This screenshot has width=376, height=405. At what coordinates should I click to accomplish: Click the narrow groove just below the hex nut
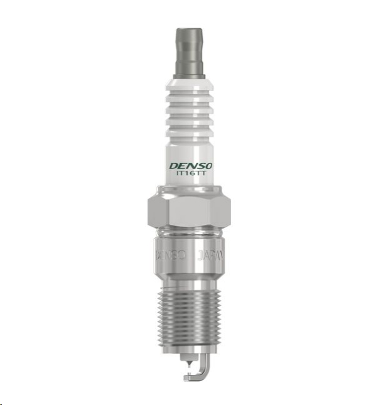click(188, 233)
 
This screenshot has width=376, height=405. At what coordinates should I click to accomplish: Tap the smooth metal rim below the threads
click(188, 348)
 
